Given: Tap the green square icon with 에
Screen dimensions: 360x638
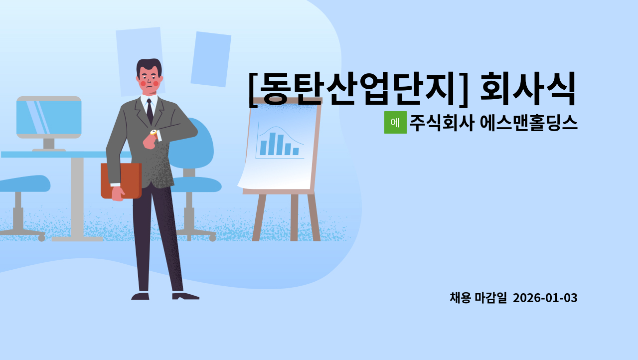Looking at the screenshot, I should click(395, 123).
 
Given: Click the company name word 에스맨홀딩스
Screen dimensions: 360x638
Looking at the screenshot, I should click(528, 123).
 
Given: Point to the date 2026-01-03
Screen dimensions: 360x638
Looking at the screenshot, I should click(545, 298).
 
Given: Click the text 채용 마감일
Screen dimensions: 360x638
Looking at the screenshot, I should click(478, 298).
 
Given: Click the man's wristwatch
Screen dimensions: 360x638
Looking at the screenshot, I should click(154, 133).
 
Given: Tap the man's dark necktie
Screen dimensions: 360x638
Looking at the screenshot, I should click(150, 112).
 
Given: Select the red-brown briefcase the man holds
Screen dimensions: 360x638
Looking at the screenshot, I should click(121, 180).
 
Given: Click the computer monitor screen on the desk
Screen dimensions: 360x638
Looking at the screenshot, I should click(49, 117).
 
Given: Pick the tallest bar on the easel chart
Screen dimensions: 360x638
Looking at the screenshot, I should click(272, 144).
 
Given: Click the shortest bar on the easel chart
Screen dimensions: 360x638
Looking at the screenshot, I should click(296, 151).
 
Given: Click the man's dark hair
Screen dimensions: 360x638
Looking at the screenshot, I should click(149, 65).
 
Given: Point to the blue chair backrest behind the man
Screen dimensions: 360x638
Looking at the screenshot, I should click(199, 145).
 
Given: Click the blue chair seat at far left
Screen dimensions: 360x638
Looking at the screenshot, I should click(25, 183).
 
